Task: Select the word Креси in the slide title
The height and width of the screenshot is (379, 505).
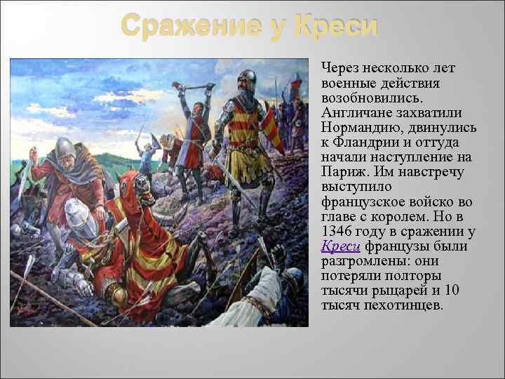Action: (336, 27)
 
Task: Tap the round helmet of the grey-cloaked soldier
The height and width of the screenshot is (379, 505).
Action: (65, 147)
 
